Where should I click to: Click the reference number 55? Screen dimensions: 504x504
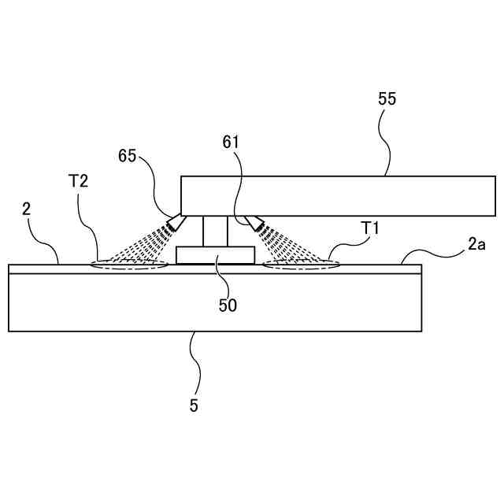[387, 99]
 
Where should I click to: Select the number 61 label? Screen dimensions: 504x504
[231, 142]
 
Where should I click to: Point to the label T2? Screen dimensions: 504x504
[79, 180]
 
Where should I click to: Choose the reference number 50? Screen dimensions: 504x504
[228, 305]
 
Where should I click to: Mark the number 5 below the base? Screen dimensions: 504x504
[194, 406]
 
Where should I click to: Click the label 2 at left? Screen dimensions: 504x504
[26, 209]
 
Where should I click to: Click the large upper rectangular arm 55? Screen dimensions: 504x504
[339, 195]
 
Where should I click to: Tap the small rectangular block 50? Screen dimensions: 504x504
[215, 255]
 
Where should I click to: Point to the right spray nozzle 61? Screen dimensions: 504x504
[255, 224]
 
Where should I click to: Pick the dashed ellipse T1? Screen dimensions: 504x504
[302, 265]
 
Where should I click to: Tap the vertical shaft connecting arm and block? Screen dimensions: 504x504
[214, 231]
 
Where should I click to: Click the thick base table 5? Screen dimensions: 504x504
[214, 302]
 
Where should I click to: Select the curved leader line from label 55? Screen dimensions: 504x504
[386, 142]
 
